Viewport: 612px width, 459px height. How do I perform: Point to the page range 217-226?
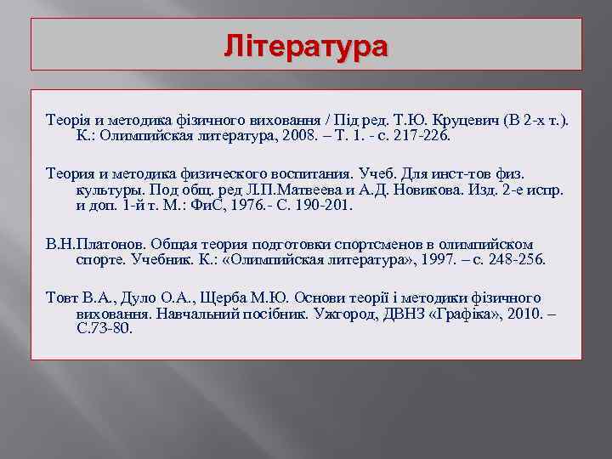(428, 135)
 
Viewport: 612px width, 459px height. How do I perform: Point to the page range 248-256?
(511, 258)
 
